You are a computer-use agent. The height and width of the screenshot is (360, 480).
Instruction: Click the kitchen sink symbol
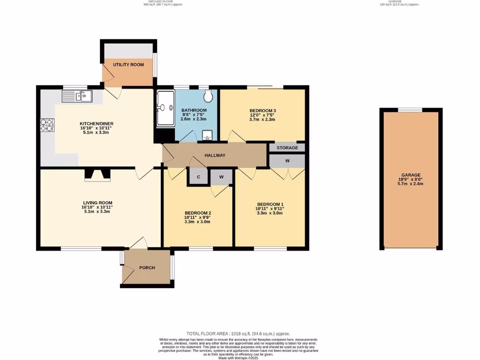coord(77,97)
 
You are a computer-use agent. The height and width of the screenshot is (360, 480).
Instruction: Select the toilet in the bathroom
coord(208,97)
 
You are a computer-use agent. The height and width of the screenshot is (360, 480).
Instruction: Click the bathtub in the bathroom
coord(165,108)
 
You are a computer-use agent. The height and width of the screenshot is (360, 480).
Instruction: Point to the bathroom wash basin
coord(207,136)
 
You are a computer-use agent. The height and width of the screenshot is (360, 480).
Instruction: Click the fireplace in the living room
coord(97,175)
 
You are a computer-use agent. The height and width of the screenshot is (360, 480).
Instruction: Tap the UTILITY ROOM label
coord(128,65)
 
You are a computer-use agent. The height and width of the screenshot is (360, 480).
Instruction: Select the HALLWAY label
coord(215,156)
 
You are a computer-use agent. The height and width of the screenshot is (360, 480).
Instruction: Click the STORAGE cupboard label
coord(287,148)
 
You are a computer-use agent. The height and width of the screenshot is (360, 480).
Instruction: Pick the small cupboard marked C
coord(199,177)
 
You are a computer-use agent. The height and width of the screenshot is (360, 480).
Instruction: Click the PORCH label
coord(147,268)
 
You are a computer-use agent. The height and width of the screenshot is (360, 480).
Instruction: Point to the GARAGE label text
coord(411,174)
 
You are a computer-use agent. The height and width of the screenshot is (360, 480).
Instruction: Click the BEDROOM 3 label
coord(262,110)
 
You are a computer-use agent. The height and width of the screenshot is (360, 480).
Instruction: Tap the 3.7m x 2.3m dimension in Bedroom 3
coord(262,120)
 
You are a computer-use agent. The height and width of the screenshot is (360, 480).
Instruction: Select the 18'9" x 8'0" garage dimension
coord(411,179)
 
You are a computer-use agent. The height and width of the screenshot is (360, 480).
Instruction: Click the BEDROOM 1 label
coord(270,204)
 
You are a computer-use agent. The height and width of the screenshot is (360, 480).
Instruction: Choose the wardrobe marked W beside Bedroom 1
coord(287,161)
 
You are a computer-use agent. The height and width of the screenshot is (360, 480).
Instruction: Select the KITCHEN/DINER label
coord(96,124)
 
